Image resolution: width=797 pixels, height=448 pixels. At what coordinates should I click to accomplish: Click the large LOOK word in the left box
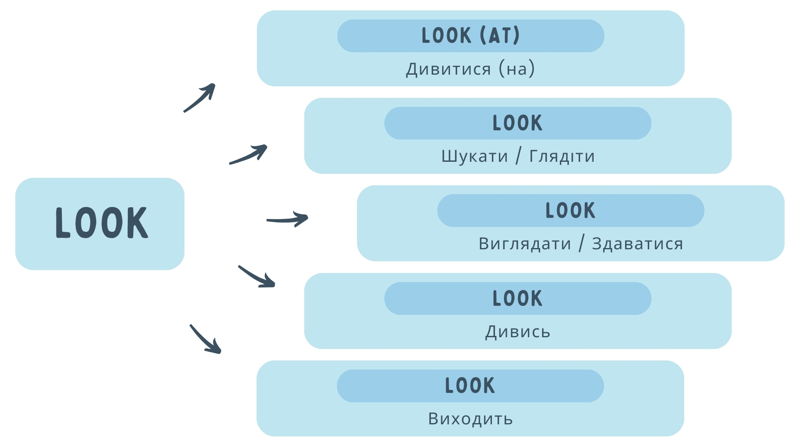tap(102, 223)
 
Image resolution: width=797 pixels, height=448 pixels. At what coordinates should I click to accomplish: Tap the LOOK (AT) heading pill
tap(471, 36)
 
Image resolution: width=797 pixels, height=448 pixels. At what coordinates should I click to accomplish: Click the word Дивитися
tap(448, 69)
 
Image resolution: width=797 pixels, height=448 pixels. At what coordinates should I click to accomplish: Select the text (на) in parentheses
tap(517, 68)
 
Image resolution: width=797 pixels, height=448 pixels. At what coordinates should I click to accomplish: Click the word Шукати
tap(474, 157)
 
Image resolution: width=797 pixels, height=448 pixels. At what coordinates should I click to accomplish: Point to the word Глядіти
tap(562, 157)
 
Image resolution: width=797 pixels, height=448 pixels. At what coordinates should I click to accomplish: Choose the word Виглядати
tap(525, 244)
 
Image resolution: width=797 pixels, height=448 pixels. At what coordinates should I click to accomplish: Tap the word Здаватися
tap(638, 244)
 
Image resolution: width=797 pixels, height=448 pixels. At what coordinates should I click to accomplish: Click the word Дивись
tap(518, 332)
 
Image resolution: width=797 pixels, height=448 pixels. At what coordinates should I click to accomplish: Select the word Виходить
tap(471, 419)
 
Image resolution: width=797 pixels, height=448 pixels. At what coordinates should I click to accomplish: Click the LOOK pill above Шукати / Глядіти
tap(518, 123)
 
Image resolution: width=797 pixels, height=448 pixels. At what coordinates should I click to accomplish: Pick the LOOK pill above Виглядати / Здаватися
tap(571, 211)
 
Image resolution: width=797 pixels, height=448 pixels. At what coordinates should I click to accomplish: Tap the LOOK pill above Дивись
tap(518, 299)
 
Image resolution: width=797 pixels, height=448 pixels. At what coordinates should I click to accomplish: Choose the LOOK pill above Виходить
tap(470, 386)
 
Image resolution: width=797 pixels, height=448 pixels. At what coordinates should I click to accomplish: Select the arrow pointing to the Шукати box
tap(248, 154)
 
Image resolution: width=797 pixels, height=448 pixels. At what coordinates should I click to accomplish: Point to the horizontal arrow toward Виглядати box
tap(287, 219)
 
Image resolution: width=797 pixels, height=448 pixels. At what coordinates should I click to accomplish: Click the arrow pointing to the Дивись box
tap(257, 277)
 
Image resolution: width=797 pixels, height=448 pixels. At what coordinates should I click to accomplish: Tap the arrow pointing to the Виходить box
tap(205, 339)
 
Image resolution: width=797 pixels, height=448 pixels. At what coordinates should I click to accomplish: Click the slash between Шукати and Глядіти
tap(518, 156)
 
